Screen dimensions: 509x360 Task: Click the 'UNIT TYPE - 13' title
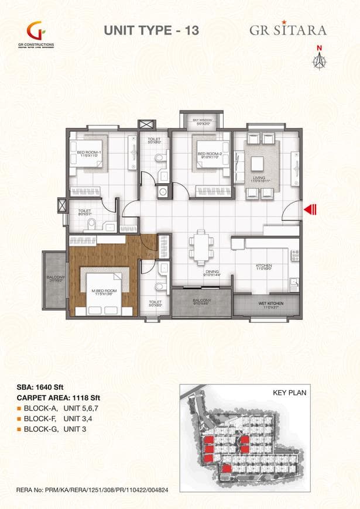[x=151, y=30]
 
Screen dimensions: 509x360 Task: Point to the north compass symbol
[x=320, y=57]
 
